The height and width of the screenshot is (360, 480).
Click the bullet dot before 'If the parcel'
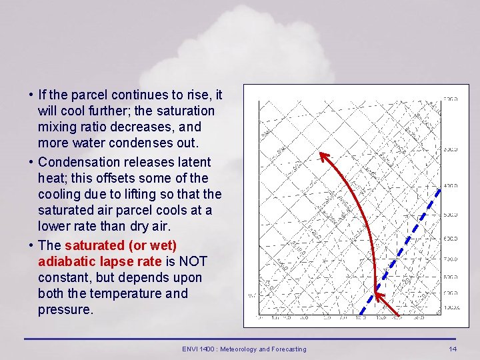tap(31, 95)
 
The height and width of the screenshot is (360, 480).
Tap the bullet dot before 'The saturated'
tap(31, 245)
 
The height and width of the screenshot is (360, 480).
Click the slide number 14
tap(453, 349)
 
